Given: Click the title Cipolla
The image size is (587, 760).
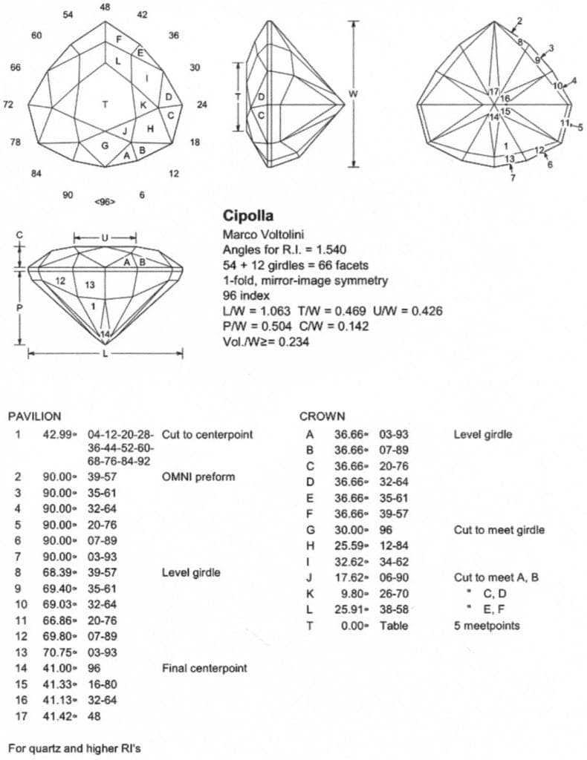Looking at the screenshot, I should (x=249, y=216).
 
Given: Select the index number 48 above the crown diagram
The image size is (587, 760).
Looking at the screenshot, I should (x=105, y=7).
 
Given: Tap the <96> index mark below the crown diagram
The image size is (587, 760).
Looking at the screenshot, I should (x=105, y=202).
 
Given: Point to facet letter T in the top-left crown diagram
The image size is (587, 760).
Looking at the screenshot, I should (x=106, y=105).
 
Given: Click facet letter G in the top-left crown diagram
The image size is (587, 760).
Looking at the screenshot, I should (x=105, y=145).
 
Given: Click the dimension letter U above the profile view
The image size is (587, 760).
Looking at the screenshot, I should (x=105, y=237).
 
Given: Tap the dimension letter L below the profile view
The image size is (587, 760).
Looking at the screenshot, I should (x=105, y=355).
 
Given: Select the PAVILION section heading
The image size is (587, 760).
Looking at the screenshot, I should (x=34, y=417).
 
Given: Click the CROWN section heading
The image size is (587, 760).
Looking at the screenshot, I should (x=322, y=417).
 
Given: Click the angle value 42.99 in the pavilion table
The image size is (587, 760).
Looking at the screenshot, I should (x=57, y=435).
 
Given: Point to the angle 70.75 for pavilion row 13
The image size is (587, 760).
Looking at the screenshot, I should (x=57, y=652).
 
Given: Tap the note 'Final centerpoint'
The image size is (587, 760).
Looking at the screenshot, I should (x=204, y=669).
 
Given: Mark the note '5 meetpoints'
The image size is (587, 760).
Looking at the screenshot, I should (x=487, y=626).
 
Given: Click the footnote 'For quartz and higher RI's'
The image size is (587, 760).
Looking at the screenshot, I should (x=74, y=747).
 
